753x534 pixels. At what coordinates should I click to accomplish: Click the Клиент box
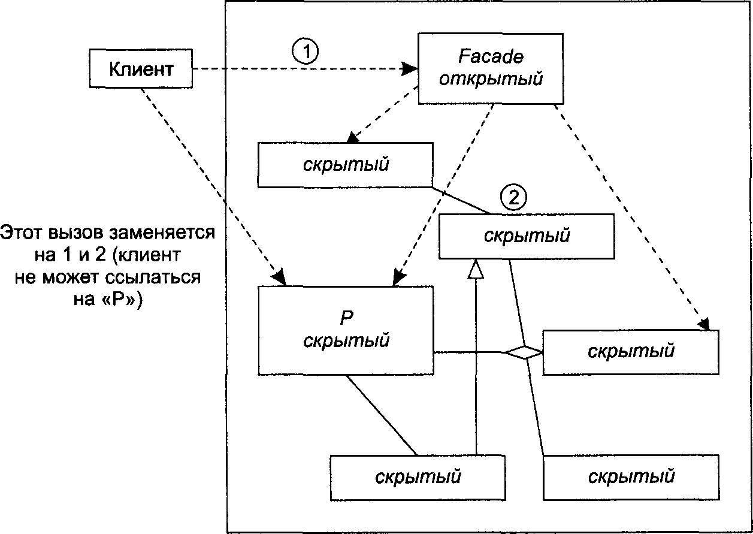[x=141, y=68]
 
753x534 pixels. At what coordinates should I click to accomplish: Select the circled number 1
[x=306, y=52]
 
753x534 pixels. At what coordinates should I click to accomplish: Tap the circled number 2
[x=513, y=197]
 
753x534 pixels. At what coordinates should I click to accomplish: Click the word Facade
[x=491, y=56]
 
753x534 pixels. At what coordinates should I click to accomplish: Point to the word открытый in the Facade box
[x=491, y=79]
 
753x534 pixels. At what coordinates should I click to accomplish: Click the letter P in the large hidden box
[x=346, y=317]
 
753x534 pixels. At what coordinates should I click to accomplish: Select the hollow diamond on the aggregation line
[x=524, y=352]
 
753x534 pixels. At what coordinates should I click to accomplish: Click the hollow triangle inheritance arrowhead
[x=476, y=269]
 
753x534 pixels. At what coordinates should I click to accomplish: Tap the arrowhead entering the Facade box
[x=410, y=68]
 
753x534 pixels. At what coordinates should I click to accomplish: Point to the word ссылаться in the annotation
[x=153, y=277]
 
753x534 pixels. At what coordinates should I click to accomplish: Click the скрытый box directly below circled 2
[x=527, y=236]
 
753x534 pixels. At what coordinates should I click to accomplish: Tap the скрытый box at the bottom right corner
[x=631, y=478]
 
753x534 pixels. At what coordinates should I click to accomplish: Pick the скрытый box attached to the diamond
[x=631, y=352]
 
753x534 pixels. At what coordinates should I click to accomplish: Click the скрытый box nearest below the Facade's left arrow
[x=345, y=165]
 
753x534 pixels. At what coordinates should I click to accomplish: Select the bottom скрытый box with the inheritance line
[x=418, y=478]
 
